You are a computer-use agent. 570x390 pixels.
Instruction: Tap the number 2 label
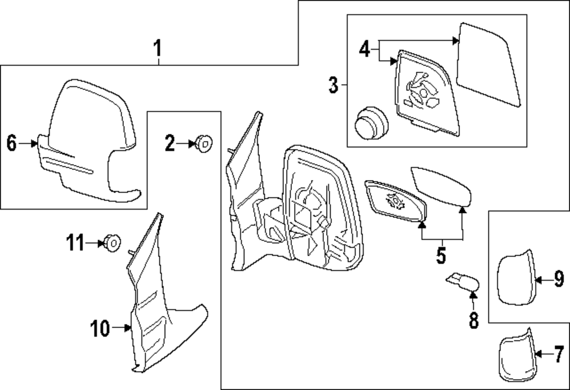(170, 143)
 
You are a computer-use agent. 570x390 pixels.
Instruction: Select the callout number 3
(333, 86)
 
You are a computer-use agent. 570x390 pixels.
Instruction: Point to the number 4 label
(365, 49)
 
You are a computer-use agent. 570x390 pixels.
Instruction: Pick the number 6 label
(11, 144)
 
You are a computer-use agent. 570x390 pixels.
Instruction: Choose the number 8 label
(474, 319)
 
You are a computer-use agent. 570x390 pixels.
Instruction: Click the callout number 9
(558, 279)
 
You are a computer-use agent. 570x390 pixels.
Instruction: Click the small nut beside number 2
(203, 143)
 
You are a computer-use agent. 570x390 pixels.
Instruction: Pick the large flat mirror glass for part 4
(489, 64)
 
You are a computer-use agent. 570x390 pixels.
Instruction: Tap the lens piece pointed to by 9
(516, 278)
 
